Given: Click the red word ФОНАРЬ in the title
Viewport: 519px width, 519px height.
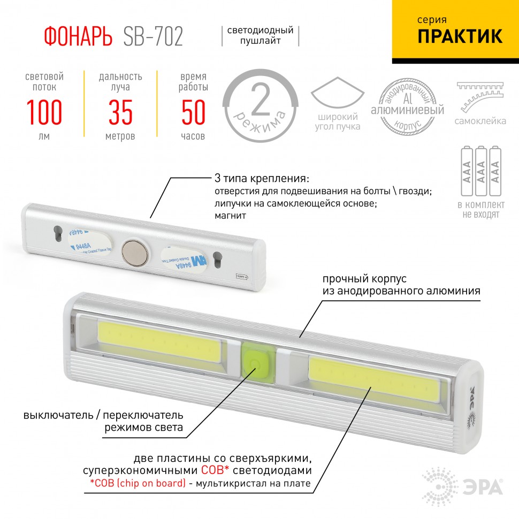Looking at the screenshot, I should coord(78,36).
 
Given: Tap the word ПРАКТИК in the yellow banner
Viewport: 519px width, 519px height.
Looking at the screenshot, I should coord(460,36).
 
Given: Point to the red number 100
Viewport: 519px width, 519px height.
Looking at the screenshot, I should coord(44,112).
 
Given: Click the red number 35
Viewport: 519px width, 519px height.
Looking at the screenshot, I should coord(120,112).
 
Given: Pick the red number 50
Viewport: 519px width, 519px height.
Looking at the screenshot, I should coord(193,112).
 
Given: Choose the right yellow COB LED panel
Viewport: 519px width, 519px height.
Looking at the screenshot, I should coord(374,379).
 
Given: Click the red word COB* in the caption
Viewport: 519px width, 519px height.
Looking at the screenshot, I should coord(217,471).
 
